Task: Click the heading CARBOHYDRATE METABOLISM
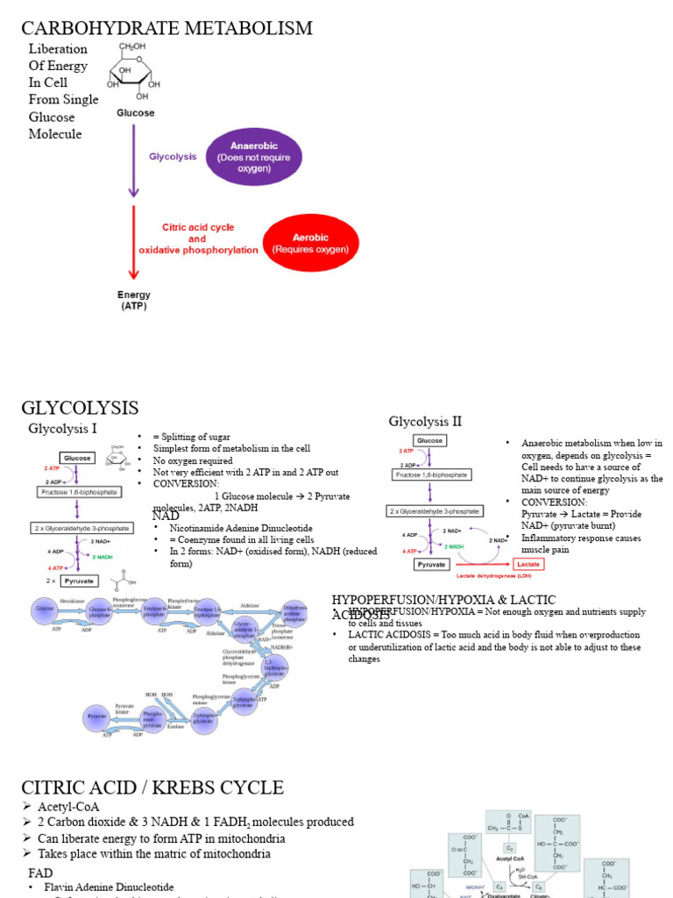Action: pos(166,28)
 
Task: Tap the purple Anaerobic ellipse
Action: pos(253,157)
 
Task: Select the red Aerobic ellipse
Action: pos(310,243)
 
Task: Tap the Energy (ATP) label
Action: pos(134,301)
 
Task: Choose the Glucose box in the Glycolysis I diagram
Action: pos(77,458)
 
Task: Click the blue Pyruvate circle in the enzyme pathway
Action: pos(96,717)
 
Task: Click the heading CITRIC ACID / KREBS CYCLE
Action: pos(152,788)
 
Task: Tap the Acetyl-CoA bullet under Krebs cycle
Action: pos(68,807)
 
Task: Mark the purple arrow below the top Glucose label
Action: pos(134,158)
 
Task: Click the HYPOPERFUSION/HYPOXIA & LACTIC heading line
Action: pos(443,600)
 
